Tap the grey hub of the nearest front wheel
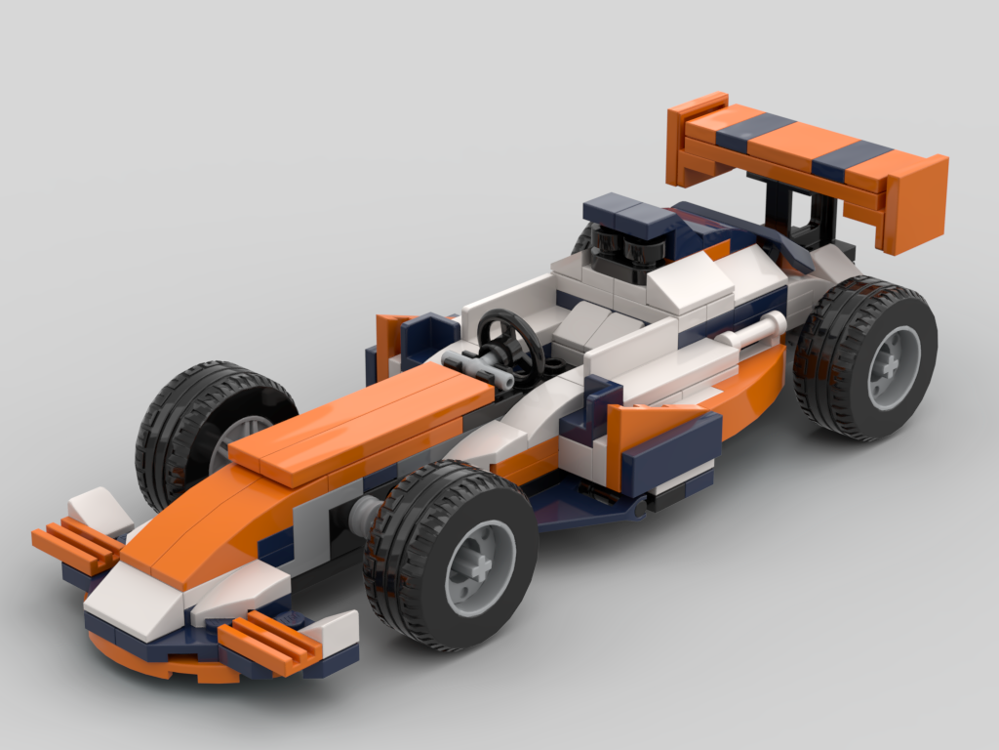click(480, 566)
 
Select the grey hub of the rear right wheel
click(893, 366)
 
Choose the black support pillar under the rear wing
click(780, 210)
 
